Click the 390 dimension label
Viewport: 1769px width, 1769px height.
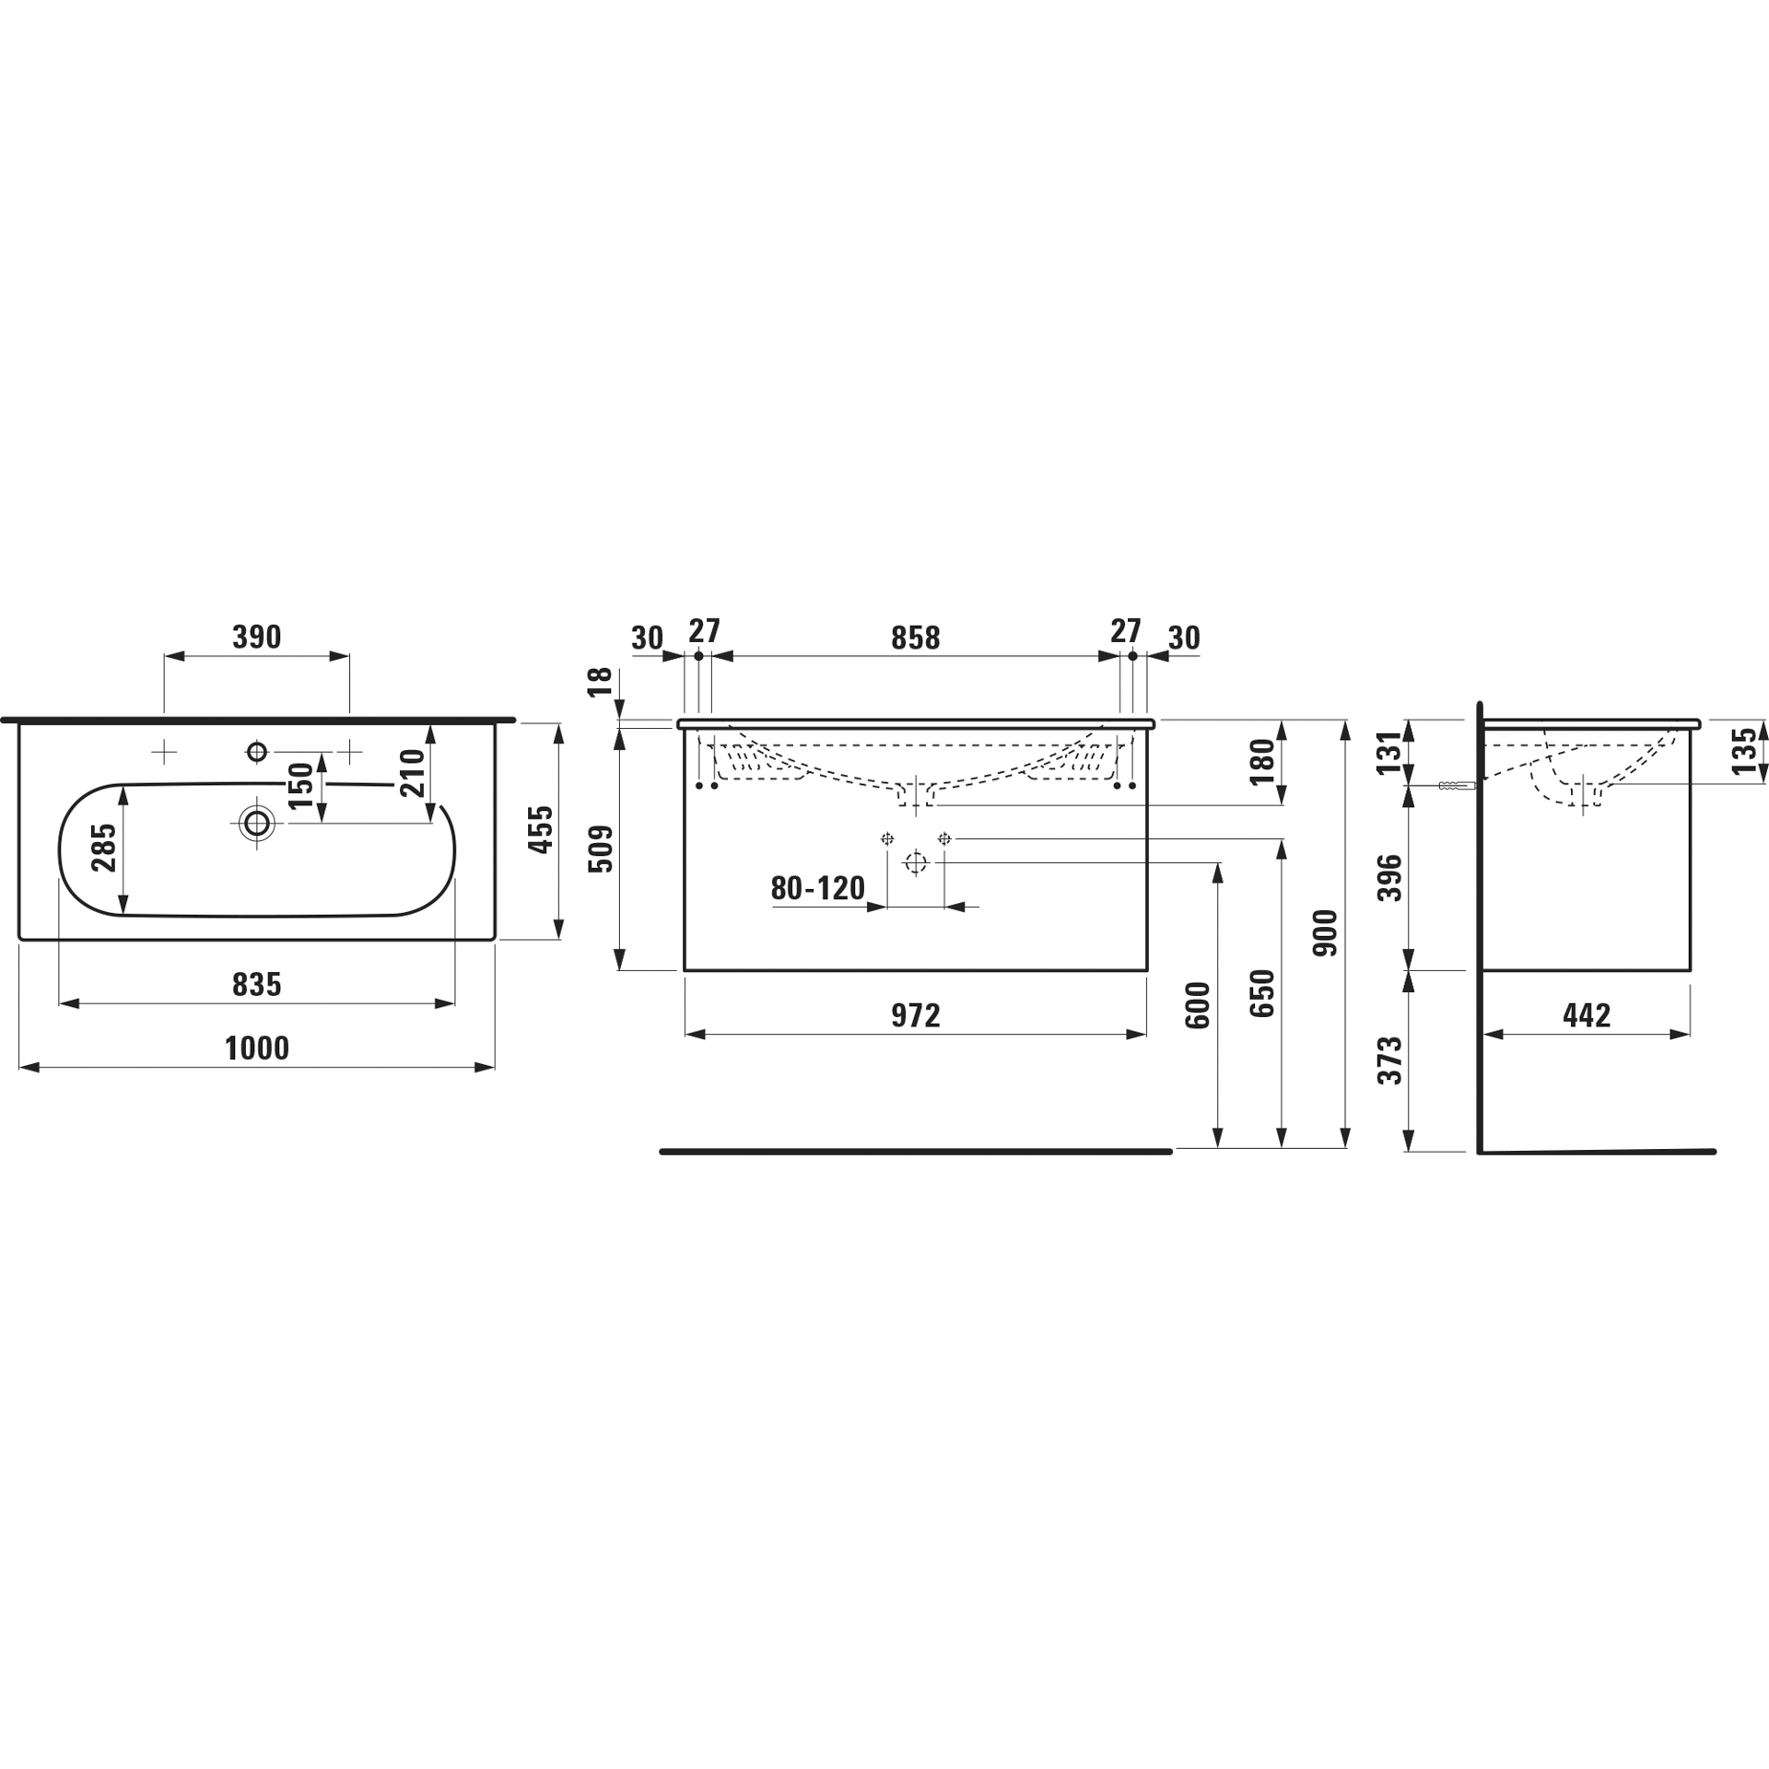(x=256, y=637)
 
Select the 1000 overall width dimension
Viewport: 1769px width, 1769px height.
(x=257, y=1048)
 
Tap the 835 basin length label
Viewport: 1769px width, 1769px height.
(x=257, y=984)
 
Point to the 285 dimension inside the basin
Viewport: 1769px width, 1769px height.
(x=104, y=847)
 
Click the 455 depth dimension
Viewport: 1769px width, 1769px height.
(x=543, y=829)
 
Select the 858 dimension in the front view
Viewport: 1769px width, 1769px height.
(x=915, y=638)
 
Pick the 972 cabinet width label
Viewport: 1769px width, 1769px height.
(x=915, y=1015)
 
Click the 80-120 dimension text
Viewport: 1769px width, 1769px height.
(x=818, y=888)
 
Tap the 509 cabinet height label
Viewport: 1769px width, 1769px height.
(x=601, y=849)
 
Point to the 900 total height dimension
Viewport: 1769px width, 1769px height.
(x=1325, y=932)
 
